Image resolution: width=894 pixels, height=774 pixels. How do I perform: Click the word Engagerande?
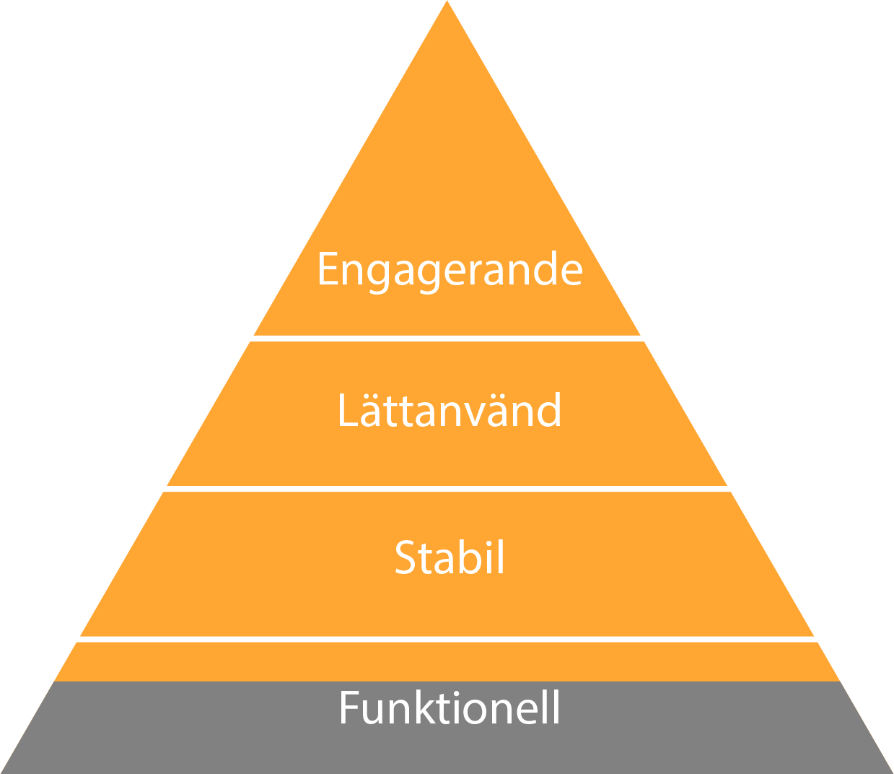450,270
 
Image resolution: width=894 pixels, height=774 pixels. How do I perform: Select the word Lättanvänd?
449,411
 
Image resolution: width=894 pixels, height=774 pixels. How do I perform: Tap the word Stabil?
450,557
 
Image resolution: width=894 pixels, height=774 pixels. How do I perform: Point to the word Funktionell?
450,708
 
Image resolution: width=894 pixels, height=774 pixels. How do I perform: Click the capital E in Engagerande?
328,269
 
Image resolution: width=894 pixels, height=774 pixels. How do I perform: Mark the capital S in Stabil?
406,557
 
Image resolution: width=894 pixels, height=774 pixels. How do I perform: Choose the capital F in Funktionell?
349,708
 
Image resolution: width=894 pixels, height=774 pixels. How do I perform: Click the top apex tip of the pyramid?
447,4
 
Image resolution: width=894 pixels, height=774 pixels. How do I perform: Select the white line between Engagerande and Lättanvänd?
447,339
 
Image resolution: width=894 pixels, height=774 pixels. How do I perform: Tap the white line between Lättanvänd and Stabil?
447,489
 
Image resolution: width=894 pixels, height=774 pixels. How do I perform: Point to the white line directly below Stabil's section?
447,639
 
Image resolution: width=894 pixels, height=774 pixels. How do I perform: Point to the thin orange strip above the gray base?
447,661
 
